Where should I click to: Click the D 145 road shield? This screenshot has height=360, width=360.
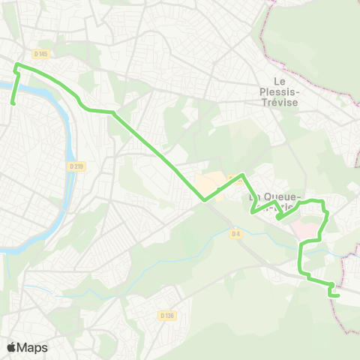(x=40, y=53)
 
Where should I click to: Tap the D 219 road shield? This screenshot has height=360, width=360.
(x=75, y=166)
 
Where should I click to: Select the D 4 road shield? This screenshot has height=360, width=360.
(x=235, y=233)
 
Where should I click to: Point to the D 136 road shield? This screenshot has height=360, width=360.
(x=167, y=316)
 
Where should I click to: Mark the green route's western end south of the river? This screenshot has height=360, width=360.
(x=12, y=103)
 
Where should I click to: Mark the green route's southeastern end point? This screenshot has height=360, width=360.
(x=338, y=295)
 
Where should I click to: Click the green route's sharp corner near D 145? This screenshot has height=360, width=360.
(x=16, y=66)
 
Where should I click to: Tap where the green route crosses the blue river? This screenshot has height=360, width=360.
(x=15, y=85)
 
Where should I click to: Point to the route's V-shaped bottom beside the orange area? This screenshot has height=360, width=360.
(x=203, y=200)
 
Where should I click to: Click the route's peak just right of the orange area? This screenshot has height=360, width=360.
(x=242, y=175)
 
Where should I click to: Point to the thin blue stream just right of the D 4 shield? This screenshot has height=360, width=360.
(x=259, y=238)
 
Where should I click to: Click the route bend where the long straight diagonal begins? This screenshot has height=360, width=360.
(x=114, y=112)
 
